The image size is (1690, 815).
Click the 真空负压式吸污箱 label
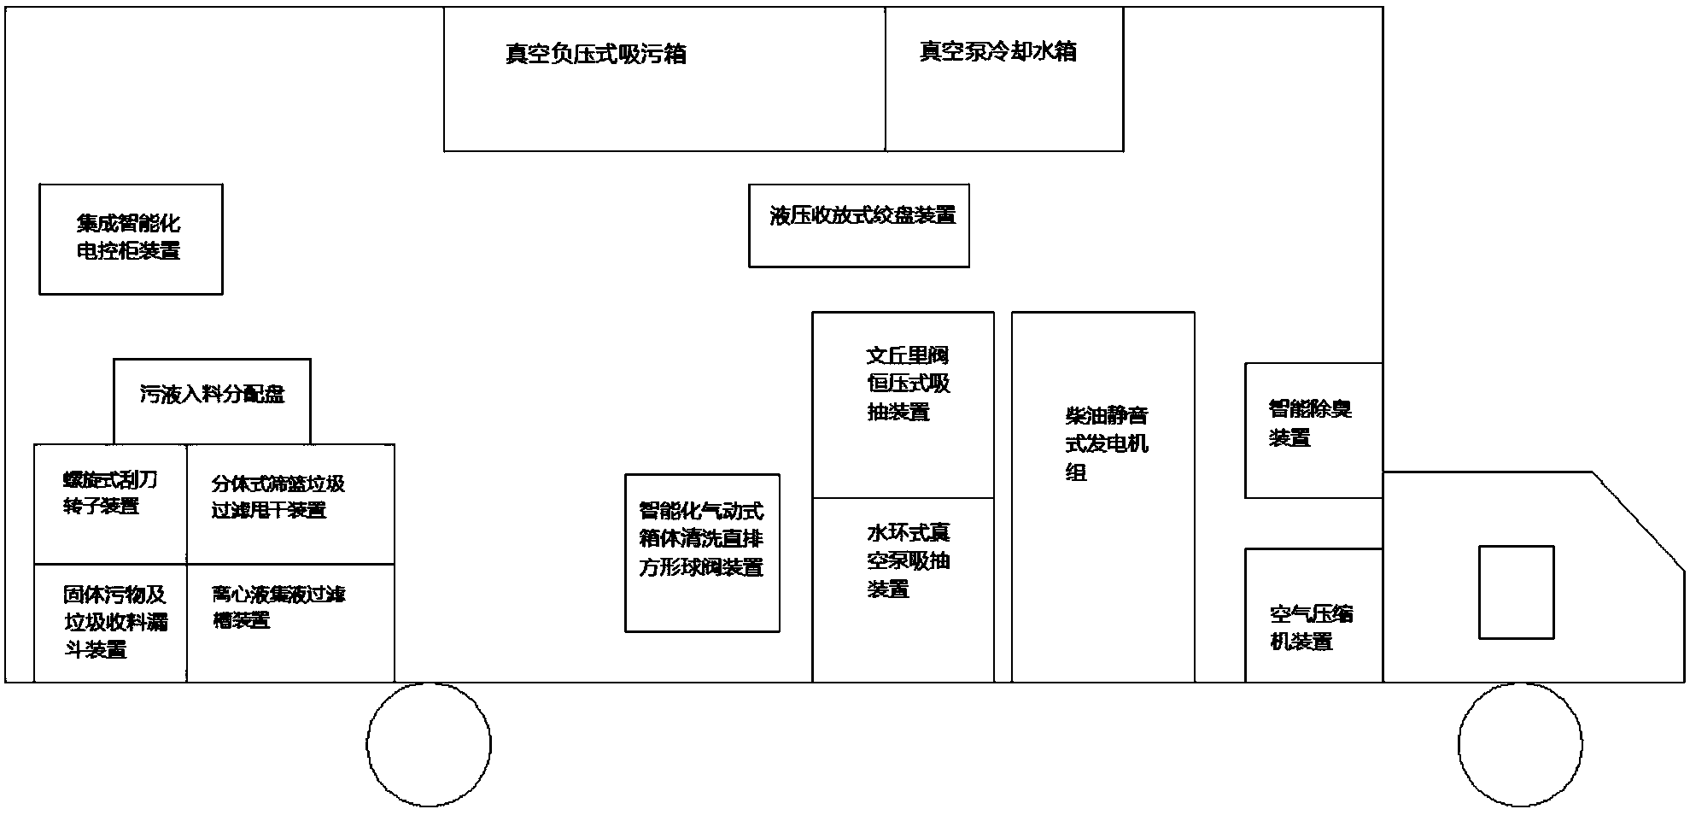point(595,55)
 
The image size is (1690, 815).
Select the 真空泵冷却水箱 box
point(1003,79)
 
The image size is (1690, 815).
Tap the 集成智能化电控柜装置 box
point(131,239)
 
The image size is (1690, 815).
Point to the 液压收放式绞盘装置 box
point(858,226)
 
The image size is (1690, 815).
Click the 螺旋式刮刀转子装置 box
point(110,503)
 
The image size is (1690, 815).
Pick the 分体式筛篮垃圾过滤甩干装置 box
point(290,503)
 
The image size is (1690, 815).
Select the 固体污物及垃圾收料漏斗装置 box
point(110,622)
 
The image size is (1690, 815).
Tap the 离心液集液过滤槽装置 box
point(290,622)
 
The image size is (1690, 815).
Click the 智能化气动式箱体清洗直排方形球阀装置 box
point(702,553)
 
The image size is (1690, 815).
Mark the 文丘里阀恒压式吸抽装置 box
point(903,404)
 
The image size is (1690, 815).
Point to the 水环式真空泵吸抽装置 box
point(903,589)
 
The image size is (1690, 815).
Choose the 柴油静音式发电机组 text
point(1106,444)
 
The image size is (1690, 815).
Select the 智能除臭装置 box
point(1313,430)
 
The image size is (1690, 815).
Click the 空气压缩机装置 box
point(1313,615)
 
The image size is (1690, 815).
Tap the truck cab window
point(1516,592)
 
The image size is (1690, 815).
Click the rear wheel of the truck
point(429,744)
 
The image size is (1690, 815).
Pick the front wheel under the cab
point(1520,744)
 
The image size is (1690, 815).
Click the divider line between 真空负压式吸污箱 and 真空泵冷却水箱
point(886,79)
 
